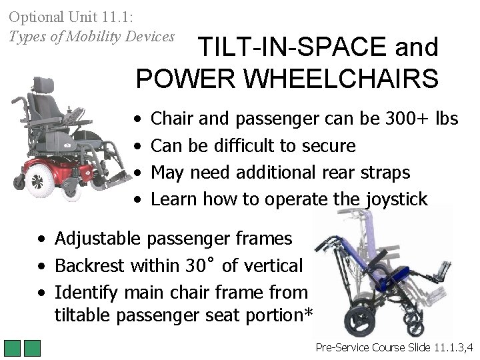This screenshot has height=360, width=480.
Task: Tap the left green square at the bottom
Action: [x=13, y=349]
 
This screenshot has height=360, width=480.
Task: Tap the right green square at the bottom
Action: [x=33, y=349]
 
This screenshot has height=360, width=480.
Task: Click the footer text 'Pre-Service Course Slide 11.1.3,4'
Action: [x=394, y=347]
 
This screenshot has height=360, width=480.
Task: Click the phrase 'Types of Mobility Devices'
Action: [x=91, y=37]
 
